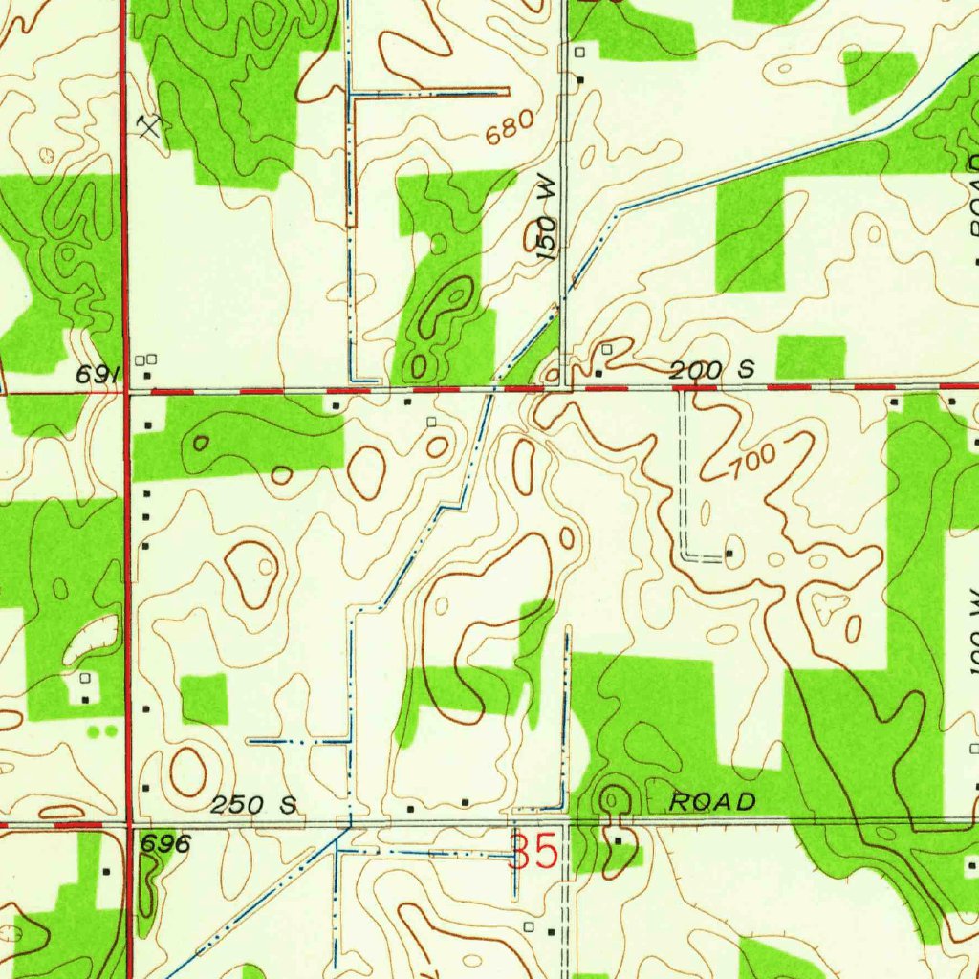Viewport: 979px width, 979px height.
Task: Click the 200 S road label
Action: [712, 369]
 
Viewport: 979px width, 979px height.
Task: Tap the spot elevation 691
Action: [97, 375]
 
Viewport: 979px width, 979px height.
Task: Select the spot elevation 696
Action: [165, 843]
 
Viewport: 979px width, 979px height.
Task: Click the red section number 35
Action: [533, 852]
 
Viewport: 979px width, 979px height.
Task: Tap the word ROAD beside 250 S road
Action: [712, 801]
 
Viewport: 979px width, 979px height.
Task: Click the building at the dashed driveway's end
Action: [730, 553]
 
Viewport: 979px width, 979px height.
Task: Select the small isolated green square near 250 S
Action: [205, 698]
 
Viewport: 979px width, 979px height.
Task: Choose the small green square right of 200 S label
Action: [811, 357]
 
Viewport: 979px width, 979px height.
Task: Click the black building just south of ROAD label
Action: [619, 840]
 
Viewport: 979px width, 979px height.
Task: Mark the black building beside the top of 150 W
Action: [580, 78]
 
